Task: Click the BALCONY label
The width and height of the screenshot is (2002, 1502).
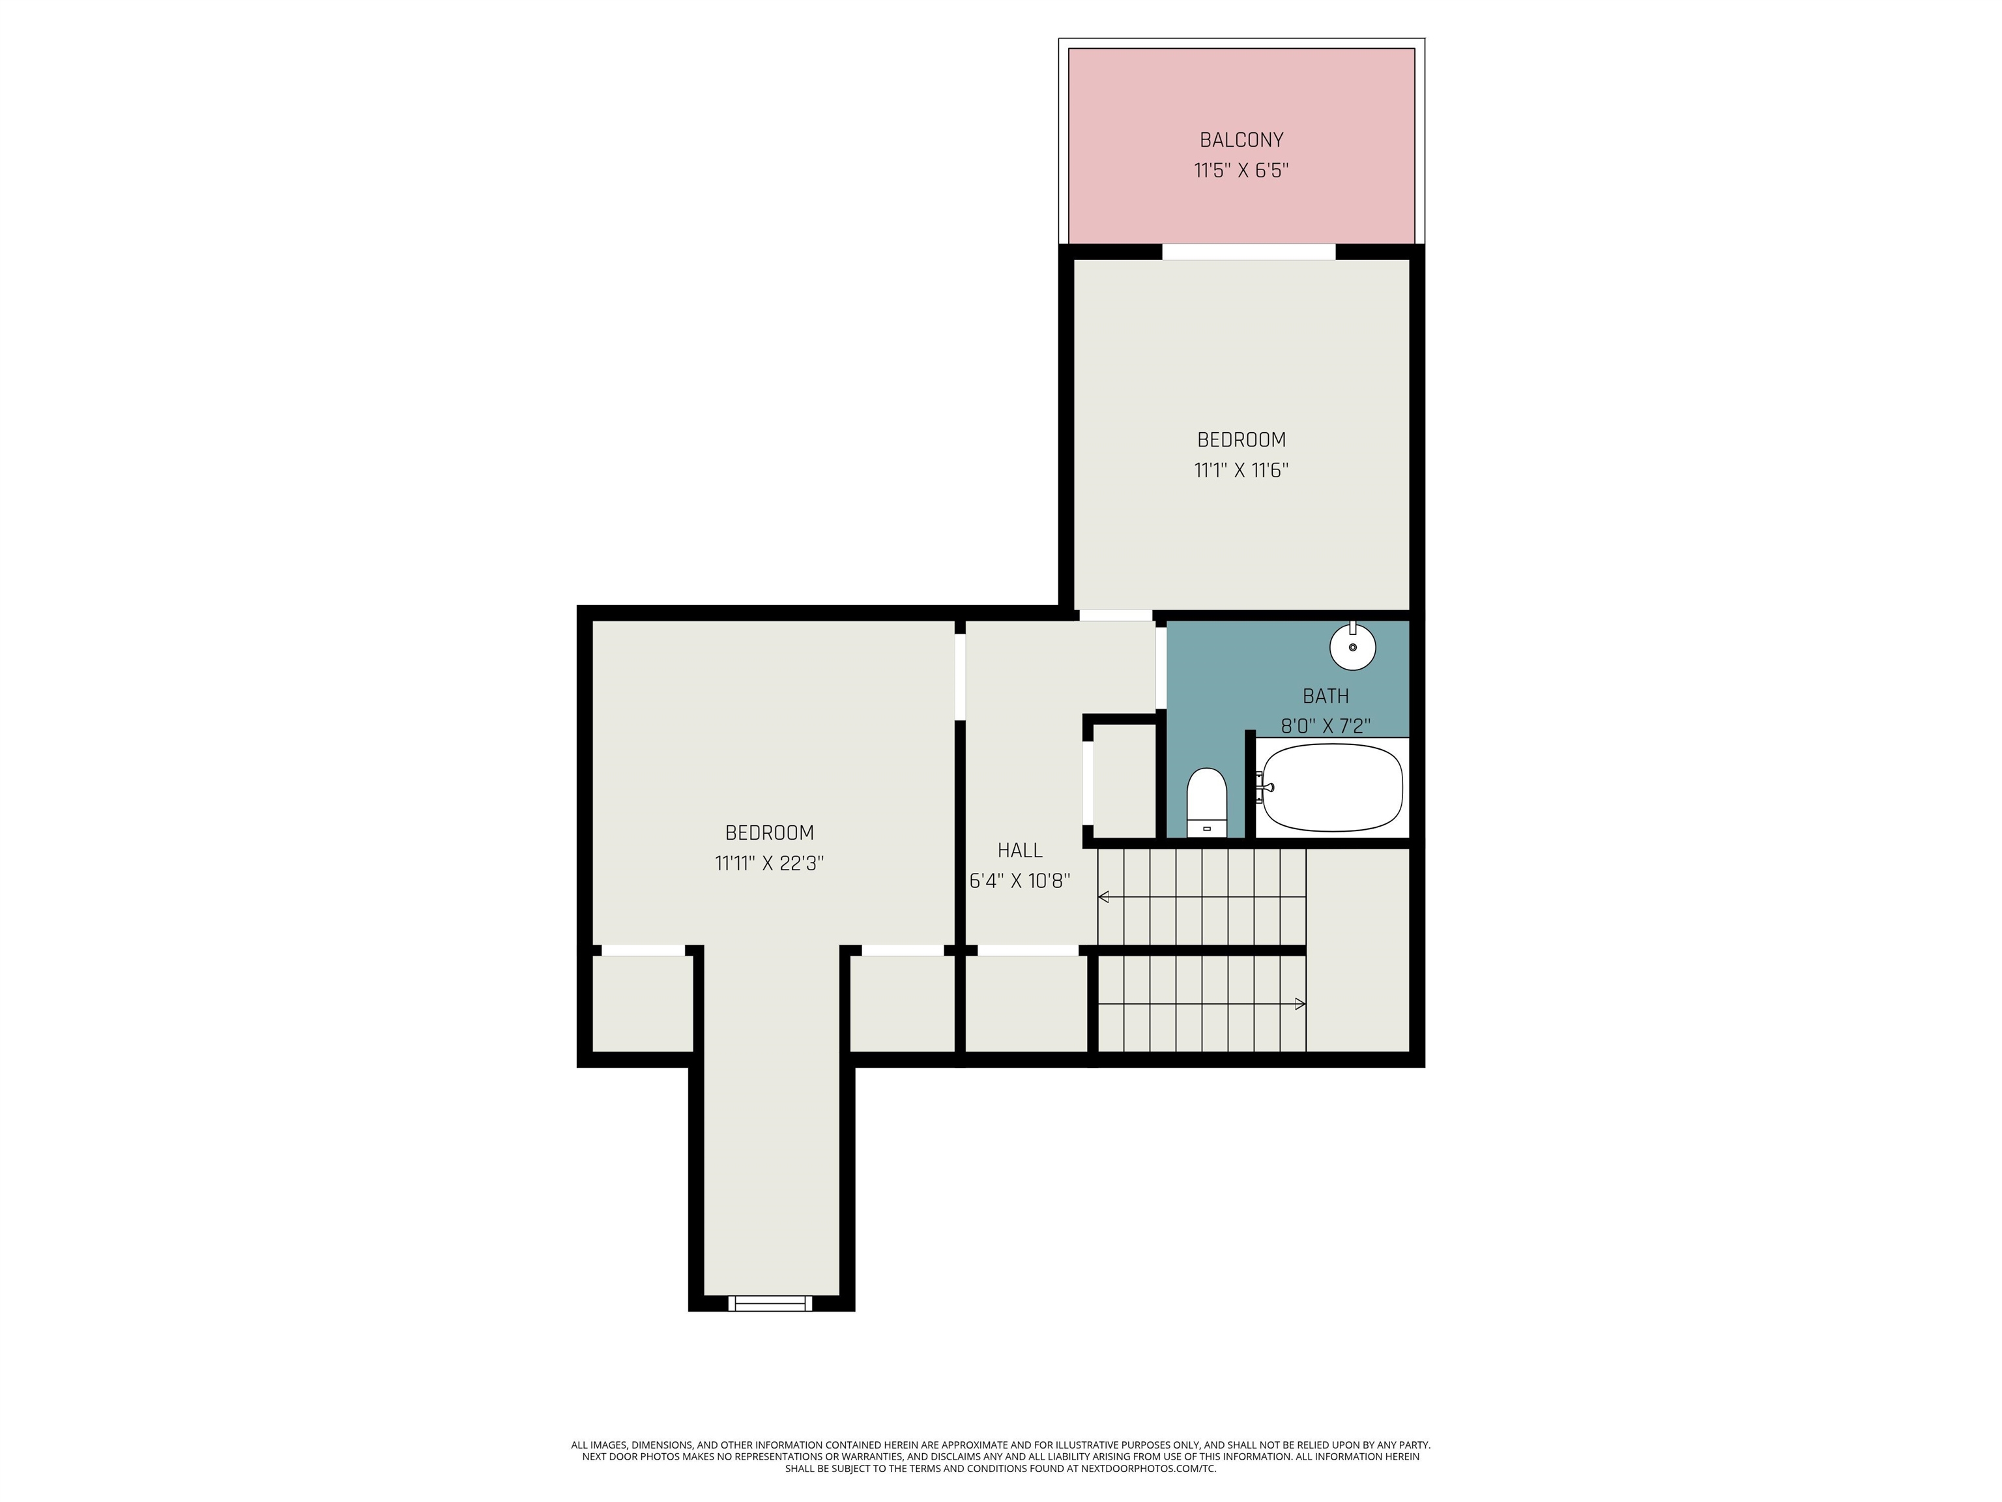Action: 1241,140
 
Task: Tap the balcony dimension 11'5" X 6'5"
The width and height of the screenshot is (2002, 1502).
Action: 1241,170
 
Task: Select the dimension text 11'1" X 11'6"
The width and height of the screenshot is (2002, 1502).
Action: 1241,470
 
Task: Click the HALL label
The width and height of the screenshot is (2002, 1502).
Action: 1020,850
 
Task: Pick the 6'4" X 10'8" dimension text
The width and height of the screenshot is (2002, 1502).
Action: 1020,881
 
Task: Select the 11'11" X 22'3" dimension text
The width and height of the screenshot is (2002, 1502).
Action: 769,863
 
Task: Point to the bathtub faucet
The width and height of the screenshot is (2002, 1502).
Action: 1264,788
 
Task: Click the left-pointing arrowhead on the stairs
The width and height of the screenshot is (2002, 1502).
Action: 1103,896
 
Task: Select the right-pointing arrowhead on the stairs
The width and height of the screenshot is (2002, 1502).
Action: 1301,1003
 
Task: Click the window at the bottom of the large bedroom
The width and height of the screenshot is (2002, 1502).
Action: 770,1303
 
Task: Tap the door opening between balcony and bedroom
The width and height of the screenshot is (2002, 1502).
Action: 1248,252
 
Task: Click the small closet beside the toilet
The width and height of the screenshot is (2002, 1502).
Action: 1125,780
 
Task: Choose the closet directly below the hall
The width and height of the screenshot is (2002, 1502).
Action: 1026,1004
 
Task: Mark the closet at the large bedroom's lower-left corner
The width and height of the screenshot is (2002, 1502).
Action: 643,1004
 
